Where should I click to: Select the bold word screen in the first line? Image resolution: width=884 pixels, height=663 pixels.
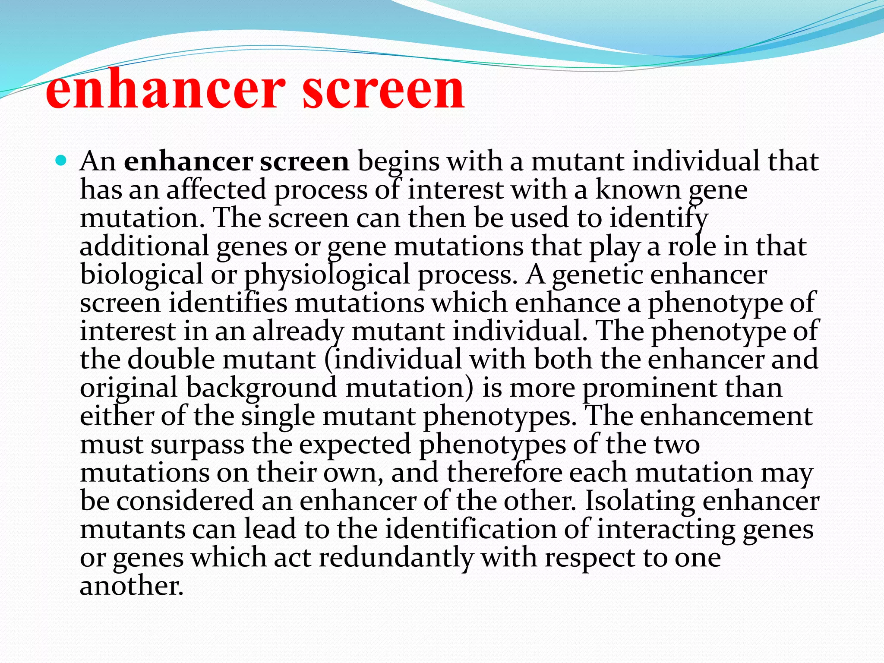point(304,161)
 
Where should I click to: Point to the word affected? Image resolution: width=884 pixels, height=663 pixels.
point(216,190)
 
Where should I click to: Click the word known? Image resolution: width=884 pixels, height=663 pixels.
point(638,190)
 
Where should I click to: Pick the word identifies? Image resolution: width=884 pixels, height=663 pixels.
point(227,303)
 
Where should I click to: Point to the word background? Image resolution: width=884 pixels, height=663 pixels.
point(261,388)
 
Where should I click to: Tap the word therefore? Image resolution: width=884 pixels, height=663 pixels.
point(505,473)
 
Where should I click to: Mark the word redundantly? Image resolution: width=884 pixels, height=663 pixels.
point(396,558)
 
